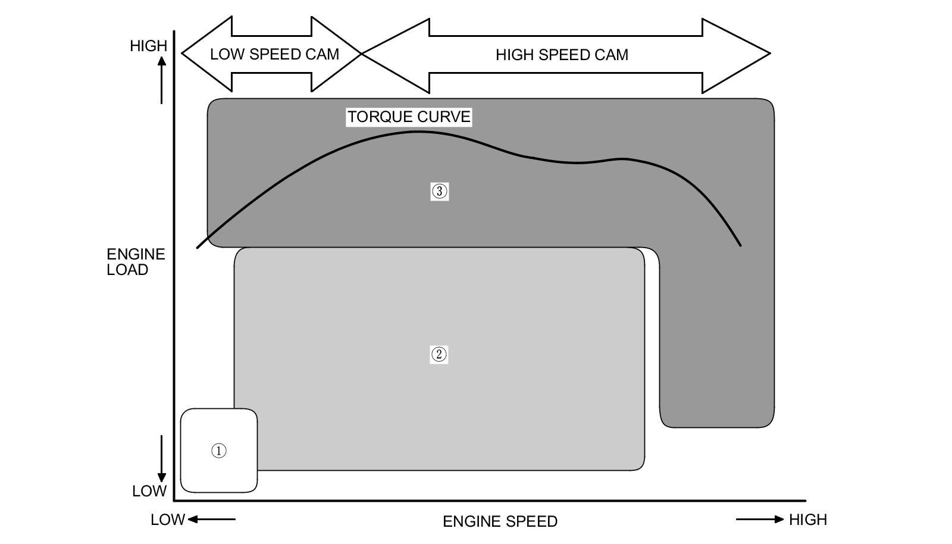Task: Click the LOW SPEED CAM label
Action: [274, 54]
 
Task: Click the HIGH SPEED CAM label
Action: [562, 55]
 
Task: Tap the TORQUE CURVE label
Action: [409, 117]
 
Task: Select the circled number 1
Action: [219, 451]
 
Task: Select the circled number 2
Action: [439, 355]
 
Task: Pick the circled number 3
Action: [439, 191]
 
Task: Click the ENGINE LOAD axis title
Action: [135, 262]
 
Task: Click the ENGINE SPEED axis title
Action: [500, 521]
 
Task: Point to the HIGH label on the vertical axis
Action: [148, 46]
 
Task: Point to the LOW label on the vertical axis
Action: [149, 491]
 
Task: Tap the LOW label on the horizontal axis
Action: [167, 520]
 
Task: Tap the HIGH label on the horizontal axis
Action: [807, 520]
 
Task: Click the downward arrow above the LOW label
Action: [162, 458]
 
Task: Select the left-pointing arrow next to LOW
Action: [212, 520]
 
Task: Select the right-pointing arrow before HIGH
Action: [760, 520]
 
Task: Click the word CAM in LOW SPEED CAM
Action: [322, 54]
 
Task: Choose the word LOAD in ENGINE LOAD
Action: [127, 270]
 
